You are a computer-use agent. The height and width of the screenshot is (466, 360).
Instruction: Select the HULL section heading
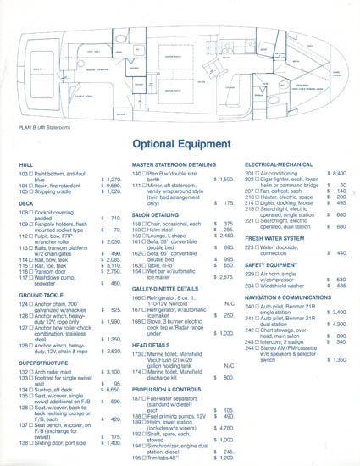26,162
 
